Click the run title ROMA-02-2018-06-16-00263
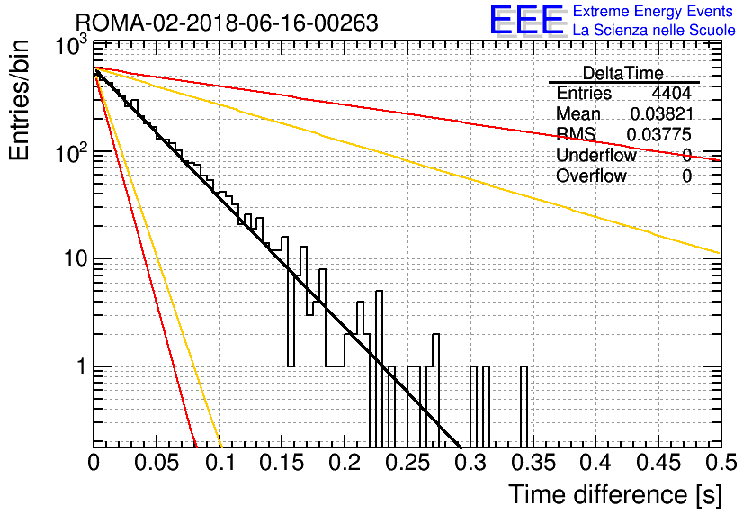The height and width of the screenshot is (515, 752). (227, 23)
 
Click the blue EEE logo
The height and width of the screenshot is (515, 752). (526, 20)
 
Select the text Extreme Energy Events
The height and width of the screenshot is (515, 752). (653, 11)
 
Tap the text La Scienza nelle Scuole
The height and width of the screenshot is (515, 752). (654, 30)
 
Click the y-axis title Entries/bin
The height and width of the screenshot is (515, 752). (19, 100)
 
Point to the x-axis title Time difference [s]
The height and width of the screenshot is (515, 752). (615, 495)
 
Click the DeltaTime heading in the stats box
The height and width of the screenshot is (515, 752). (623, 73)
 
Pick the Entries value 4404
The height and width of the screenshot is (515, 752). (671, 93)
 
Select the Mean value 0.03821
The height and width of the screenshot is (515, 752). (662, 113)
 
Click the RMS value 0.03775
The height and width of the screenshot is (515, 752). (659, 135)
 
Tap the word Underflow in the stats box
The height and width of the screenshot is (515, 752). (596, 155)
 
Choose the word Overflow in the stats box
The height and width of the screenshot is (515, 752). (591, 176)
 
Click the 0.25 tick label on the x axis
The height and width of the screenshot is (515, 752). (409, 463)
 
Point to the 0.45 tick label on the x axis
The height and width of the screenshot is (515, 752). (659, 463)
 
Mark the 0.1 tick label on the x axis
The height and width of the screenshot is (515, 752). (220, 463)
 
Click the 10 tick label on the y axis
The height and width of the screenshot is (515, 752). (76, 258)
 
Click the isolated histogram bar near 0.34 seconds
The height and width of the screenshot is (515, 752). (524, 406)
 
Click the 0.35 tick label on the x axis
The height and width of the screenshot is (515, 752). (533, 463)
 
